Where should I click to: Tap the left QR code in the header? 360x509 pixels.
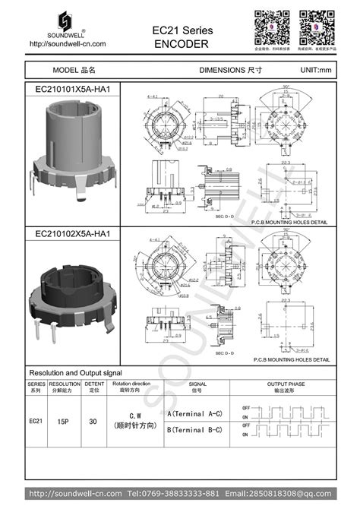coord(270,27)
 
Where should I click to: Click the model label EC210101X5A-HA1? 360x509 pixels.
coord(73,89)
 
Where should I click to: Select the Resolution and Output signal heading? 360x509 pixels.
coord(75,374)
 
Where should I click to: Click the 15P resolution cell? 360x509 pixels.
coord(65,420)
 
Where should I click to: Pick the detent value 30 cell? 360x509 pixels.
coord(93,420)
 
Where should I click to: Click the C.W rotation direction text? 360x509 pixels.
coord(135,415)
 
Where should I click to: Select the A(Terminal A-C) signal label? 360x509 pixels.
coord(194,413)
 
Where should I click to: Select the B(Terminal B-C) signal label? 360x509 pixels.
coord(194,430)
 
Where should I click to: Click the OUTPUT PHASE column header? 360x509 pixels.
coord(286,385)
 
